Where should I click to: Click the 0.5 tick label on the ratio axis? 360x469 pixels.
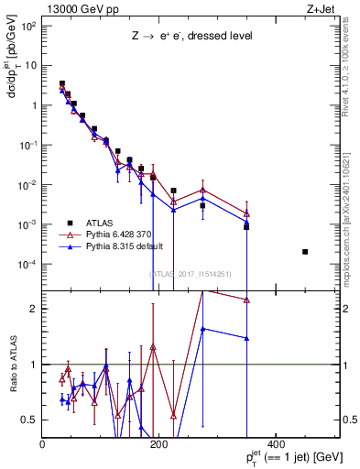coord(30,420)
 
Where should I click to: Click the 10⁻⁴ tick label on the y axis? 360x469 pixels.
coord(28,265)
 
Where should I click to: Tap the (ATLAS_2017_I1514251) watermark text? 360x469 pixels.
coord(191,274)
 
